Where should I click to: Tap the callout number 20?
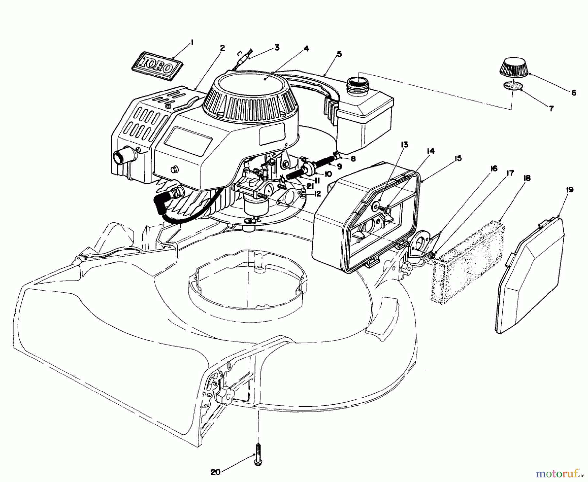tap(216, 472)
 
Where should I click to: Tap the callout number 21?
tap(310, 186)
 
